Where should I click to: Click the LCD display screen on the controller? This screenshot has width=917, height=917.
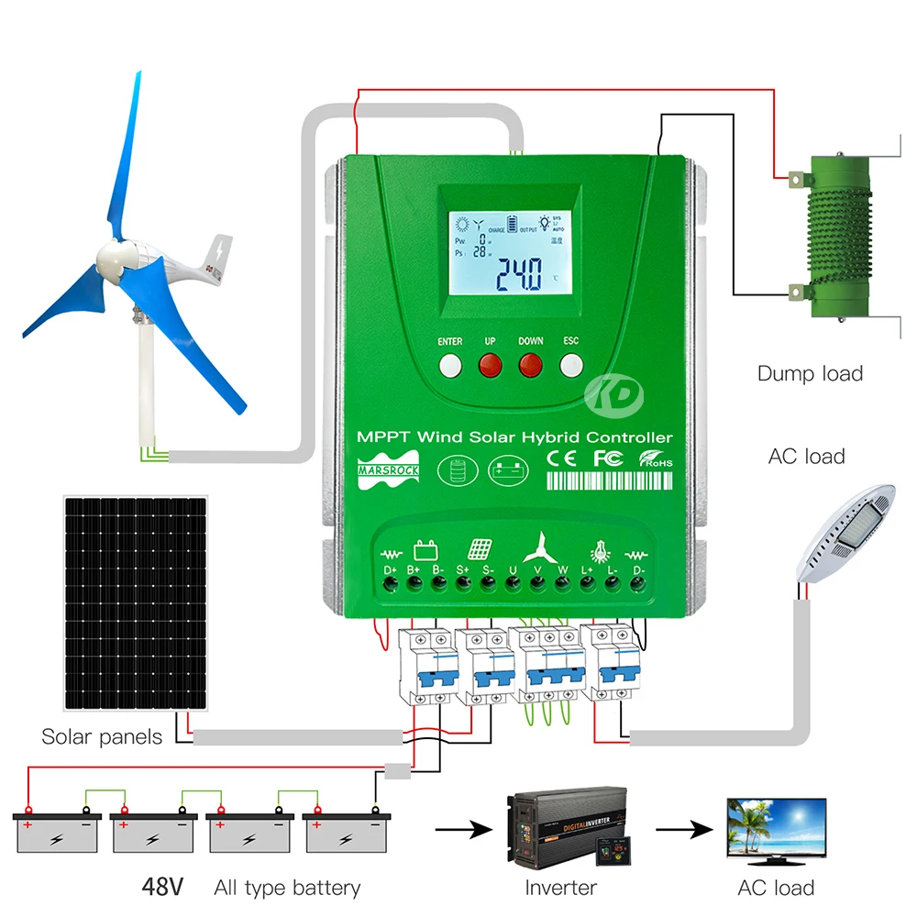click(x=508, y=255)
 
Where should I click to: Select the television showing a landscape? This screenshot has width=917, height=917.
click(x=776, y=829)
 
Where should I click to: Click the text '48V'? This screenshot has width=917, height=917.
click(x=162, y=887)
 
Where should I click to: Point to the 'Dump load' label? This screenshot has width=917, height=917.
click(x=810, y=373)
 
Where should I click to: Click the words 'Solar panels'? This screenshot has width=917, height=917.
click(x=102, y=736)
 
